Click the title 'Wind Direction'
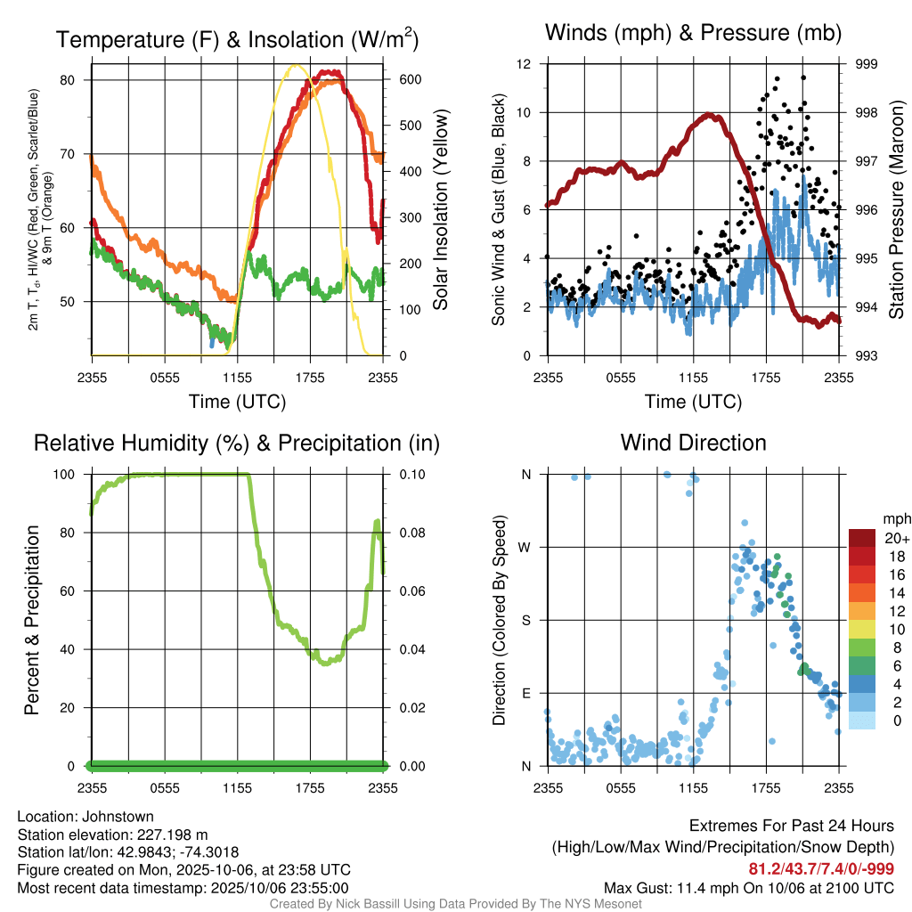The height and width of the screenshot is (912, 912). [x=693, y=443]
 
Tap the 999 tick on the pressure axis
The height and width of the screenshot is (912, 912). [x=867, y=64]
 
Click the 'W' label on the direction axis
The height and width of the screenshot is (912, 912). [x=526, y=547]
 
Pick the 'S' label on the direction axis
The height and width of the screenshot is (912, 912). [x=527, y=620]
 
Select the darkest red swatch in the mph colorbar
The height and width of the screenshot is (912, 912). [x=863, y=537]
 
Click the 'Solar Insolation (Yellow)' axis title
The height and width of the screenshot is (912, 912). [x=440, y=210]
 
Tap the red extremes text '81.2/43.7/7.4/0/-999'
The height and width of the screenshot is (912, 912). [x=821, y=869]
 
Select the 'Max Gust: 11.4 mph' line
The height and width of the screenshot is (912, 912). [x=748, y=887]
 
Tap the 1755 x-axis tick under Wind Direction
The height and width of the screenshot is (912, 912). [x=766, y=787]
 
